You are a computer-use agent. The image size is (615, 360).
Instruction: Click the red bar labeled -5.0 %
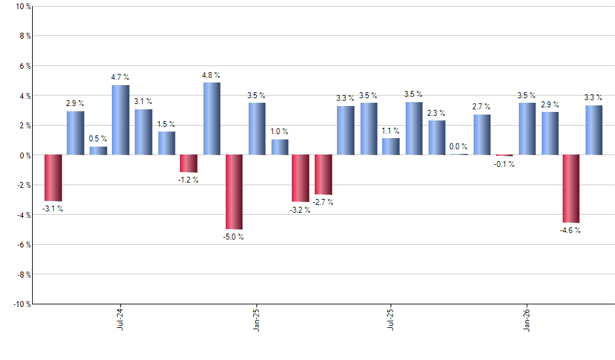[x=234, y=192]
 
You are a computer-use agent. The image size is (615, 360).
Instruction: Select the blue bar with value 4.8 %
[x=211, y=118]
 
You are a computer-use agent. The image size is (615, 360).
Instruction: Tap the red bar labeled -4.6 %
[x=571, y=189]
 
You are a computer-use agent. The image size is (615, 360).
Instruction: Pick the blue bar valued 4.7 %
[x=121, y=120]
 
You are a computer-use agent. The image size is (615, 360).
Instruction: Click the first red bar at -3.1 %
[x=53, y=177]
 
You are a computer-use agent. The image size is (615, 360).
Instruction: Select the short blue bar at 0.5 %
[x=99, y=151]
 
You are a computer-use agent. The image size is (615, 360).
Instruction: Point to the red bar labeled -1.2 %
[x=189, y=164]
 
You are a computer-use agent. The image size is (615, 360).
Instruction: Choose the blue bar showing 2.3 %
[x=437, y=137]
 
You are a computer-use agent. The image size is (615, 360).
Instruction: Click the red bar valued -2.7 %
[x=324, y=175]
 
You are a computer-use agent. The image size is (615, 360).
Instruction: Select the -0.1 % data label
[x=504, y=164]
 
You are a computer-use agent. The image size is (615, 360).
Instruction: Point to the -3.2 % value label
[x=300, y=211]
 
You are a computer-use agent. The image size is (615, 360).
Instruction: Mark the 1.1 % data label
[x=391, y=130]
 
